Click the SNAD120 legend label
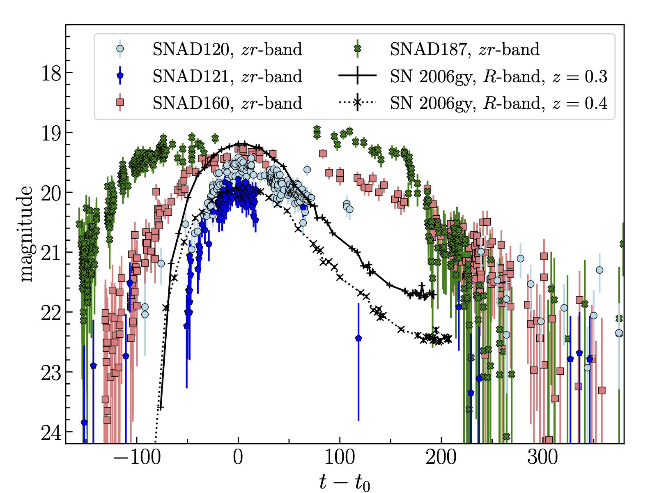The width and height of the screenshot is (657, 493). click(227, 49)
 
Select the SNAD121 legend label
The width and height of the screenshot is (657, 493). click(227, 76)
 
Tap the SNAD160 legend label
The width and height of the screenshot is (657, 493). click(227, 103)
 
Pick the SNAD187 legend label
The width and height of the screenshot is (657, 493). click(464, 49)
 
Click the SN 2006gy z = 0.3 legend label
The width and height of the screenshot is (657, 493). click(498, 76)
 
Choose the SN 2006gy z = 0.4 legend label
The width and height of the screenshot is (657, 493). click(498, 103)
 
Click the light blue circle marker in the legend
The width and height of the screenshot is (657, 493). click(120, 48)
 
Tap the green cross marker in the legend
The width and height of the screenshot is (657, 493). click(358, 48)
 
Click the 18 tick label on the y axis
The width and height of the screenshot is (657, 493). click(51, 73)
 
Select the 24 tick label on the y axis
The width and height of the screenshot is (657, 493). click(51, 432)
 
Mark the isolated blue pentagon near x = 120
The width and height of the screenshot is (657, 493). click(358, 338)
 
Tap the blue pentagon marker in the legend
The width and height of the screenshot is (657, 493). click(120, 76)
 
